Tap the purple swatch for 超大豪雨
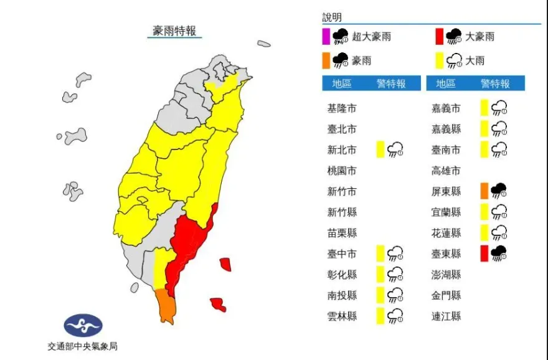click(x=326, y=37)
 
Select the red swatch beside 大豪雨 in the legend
click(x=439, y=37)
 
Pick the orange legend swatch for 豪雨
click(x=326, y=60)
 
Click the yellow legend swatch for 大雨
click(x=439, y=60)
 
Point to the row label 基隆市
click(x=342, y=108)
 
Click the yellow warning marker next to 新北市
click(x=380, y=149)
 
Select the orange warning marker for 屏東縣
click(x=484, y=191)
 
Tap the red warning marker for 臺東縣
click(x=484, y=253)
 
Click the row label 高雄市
click(x=446, y=170)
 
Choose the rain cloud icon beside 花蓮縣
click(x=499, y=233)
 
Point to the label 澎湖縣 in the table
click(x=446, y=275)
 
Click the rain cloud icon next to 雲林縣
click(x=395, y=316)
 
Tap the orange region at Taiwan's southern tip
click(x=166, y=306)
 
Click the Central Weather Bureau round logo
click(x=83, y=325)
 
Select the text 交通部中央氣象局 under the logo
click(x=83, y=346)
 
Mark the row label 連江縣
click(x=446, y=316)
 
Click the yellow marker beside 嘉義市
click(x=484, y=108)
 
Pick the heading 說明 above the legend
click(x=332, y=17)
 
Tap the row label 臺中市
click(x=342, y=253)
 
